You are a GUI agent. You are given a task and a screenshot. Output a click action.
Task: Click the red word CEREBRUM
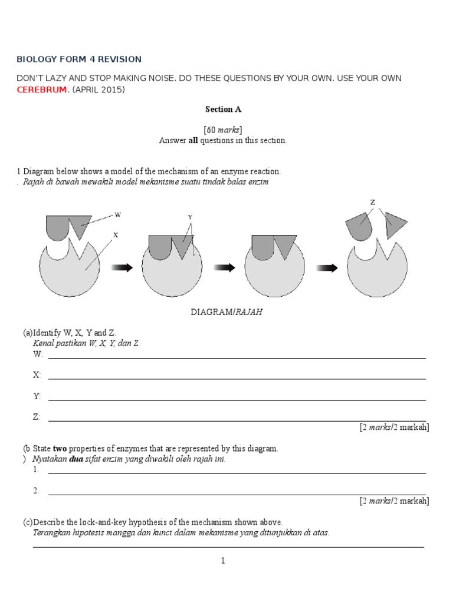click(41, 90)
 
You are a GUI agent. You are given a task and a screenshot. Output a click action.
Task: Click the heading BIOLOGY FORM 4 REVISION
click(79, 59)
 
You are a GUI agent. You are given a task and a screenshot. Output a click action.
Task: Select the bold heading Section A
click(223, 109)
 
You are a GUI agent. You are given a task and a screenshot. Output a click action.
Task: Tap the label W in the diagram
click(117, 215)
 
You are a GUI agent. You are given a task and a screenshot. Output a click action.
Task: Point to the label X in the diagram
click(116, 235)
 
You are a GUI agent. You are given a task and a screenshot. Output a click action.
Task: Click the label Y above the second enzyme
click(190, 217)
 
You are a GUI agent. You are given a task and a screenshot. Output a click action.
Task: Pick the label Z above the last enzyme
click(372, 203)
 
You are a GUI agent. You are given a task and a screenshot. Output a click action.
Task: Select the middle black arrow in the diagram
click(224, 268)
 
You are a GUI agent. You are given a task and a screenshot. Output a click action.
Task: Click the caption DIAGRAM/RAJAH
click(226, 312)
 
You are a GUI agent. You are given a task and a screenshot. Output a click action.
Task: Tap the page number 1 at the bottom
click(223, 561)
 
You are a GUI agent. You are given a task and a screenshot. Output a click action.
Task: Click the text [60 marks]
click(223, 130)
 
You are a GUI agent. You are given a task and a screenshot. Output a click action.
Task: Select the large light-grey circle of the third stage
click(274, 274)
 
